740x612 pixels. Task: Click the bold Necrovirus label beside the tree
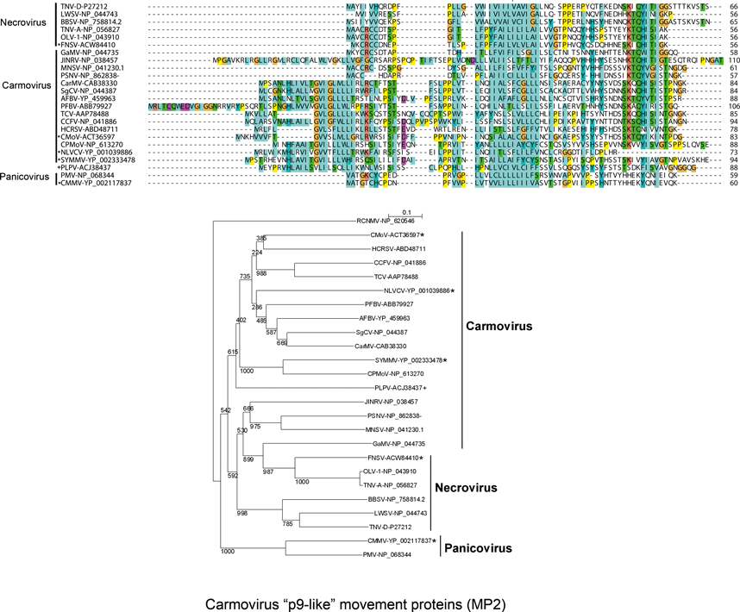click(465, 488)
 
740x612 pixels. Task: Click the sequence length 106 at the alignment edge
click(731, 105)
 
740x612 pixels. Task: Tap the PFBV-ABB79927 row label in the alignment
click(87, 105)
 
